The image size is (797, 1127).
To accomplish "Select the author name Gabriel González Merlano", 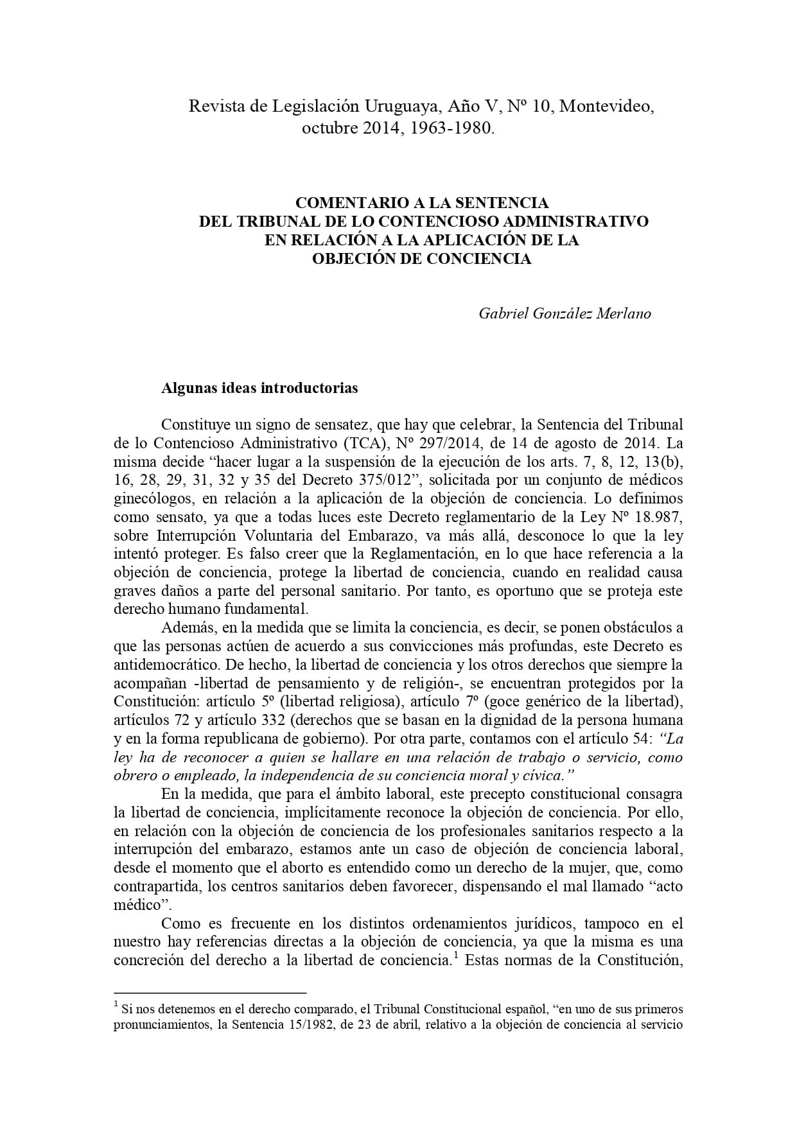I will (x=565, y=313).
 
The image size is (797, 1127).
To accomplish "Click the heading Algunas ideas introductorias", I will (x=259, y=388).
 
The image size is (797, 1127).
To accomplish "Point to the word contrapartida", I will (x=154, y=887).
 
